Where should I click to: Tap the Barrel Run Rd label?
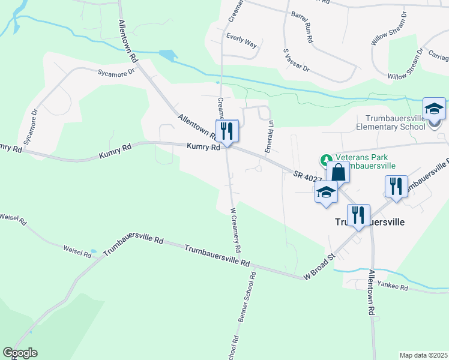tap(303, 27)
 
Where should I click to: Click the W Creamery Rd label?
tap(235, 230)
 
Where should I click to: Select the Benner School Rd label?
tap(247, 298)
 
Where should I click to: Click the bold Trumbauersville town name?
tap(369, 221)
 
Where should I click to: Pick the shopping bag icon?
tap(339, 172)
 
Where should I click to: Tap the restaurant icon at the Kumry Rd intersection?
tap(227, 131)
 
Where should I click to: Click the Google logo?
tap(20, 353)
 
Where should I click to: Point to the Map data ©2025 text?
tap(423, 355)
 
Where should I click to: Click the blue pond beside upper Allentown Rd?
tap(169, 55)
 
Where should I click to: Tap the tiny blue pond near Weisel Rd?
tap(92, 251)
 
